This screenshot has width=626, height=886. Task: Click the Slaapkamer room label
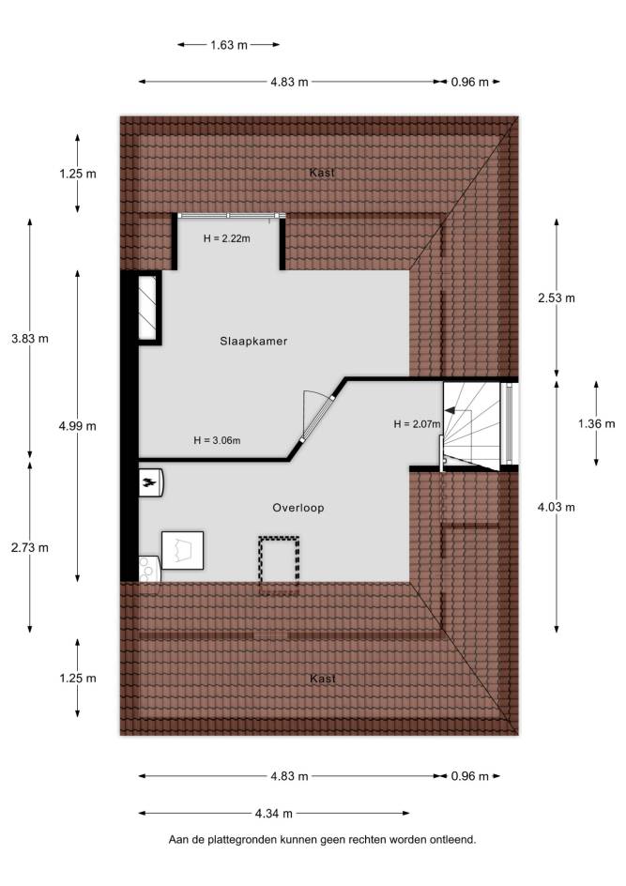(253, 342)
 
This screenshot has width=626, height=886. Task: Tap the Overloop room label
(298, 508)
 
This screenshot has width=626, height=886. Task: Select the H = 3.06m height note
(217, 440)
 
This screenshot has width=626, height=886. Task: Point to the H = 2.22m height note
(226, 238)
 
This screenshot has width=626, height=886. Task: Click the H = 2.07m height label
(418, 424)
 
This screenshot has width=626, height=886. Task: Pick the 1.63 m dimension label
(229, 45)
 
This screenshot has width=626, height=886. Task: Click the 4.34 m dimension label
(274, 814)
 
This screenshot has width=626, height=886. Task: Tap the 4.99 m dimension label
(77, 426)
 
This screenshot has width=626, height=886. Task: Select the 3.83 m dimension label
(30, 339)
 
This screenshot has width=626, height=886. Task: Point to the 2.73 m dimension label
(30, 547)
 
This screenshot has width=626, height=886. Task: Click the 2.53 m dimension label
(557, 298)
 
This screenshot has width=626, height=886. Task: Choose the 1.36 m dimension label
(597, 423)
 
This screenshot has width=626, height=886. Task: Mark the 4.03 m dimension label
(557, 507)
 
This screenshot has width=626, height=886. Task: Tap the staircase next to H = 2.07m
(472, 425)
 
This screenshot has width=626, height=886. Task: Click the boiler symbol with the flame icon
(151, 482)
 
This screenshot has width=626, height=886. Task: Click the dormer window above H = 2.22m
(229, 215)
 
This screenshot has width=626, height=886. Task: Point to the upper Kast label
(322, 173)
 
